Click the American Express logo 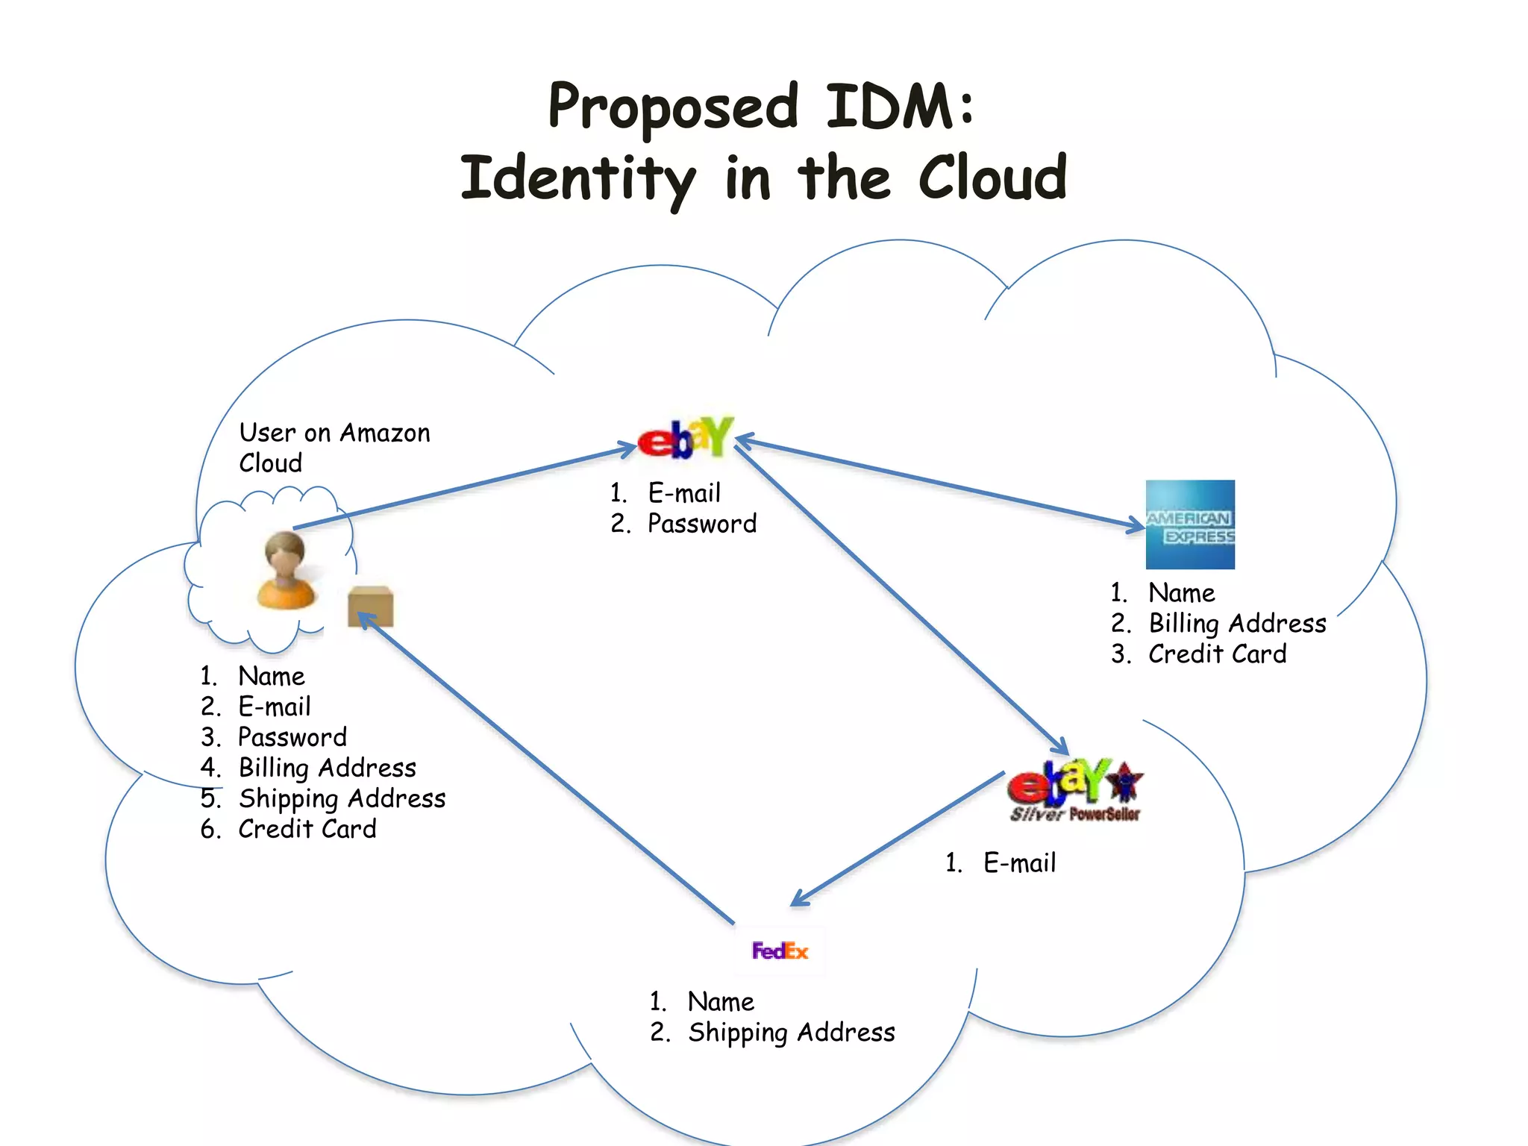(1189, 525)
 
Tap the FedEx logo (780, 951)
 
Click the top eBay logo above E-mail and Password (686, 438)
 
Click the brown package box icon (370, 606)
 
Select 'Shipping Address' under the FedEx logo (791, 1033)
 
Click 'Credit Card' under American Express (1217, 654)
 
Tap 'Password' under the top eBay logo (701, 524)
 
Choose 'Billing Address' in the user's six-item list (327, 768)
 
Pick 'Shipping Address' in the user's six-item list (342, 798)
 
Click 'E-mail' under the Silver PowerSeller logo (1019, 863)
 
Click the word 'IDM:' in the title (899, 107)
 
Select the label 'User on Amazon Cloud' (334, 447)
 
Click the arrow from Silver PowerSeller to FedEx (895, 839)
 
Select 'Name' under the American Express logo (1181, 593)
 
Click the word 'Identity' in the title (578, 179)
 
